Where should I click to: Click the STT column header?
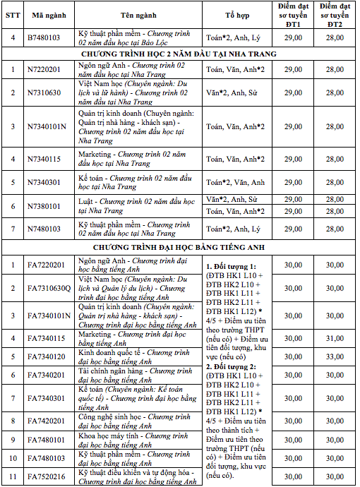click(12, 13)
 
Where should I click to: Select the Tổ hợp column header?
click(237, 13)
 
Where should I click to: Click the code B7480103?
click(49, 37)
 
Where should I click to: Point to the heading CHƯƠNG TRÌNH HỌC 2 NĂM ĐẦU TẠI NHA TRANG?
click(179, 54)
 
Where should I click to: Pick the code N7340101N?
click(49, 126)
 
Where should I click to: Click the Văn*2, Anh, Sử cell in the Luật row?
click(232, 200)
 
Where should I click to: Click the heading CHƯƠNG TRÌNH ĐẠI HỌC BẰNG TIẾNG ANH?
click(179, 248)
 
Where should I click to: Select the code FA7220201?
click(49, 265)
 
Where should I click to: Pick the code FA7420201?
click(49, 421)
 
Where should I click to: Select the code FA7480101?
click(49, 440)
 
